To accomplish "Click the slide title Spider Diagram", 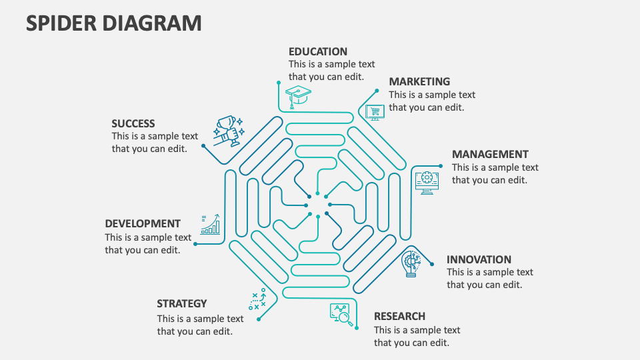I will point(114,23).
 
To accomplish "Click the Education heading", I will point(318,51).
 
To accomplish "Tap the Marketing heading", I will point(419,81).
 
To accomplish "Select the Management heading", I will point(490,154).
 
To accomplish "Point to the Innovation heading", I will point(479,259).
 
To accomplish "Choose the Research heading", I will point(399,316).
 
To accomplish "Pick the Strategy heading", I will point(182,303).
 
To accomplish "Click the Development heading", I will point(143,223).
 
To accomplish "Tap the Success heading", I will point(133,123).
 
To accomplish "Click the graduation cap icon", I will point(298,95).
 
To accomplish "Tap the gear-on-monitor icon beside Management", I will point(427,181).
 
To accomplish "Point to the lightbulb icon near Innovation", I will point(412,263).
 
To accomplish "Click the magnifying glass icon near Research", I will point(341,313).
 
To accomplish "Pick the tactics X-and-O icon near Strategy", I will point(257,301).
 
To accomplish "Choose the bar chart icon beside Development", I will point(211,224).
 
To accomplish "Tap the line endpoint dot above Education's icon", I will point(279,83).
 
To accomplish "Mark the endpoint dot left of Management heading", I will point(440,166).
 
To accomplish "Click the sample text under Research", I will point(417,336).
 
